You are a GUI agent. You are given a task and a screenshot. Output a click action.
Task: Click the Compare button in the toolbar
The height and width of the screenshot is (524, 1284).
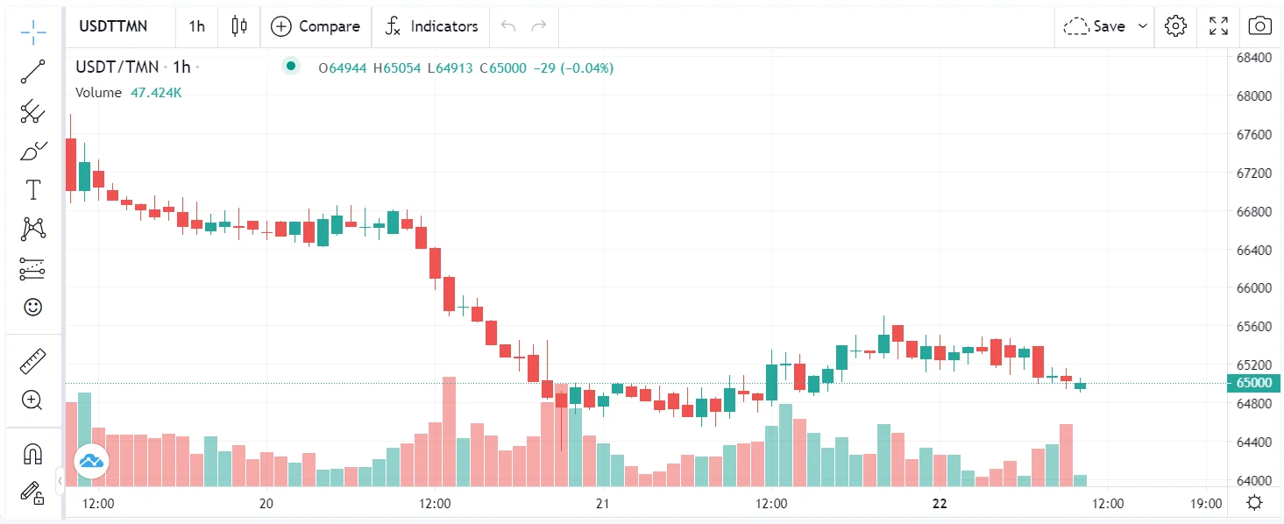[x=316, y=26]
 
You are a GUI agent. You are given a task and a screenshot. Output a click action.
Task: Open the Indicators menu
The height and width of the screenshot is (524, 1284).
[x=431, y=26]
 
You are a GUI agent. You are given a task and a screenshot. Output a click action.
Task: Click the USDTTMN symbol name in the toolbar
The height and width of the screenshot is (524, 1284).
[x=113, y=26]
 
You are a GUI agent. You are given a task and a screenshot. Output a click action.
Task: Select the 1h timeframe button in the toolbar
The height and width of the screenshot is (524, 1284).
[x=196, y=26]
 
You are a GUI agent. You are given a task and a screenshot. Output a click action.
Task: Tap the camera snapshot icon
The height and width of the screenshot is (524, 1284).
[x=1259, y=26]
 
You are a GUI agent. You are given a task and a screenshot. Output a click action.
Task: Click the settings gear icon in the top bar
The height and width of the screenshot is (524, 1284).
[x=1175, y=26]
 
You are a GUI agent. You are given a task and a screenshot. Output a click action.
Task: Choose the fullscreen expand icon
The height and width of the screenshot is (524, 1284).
[x=1218, y=26]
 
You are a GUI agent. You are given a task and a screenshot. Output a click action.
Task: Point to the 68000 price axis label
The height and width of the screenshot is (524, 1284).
[x=1253, y=96]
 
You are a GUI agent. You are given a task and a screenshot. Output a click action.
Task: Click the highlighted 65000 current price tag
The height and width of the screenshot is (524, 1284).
[x=1253, y=382]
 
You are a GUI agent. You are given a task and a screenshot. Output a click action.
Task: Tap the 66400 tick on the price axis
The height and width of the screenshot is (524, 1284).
[x=1253, y=250]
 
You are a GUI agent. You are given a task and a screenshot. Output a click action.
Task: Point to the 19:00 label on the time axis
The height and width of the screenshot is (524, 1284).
[x=1206, y=503]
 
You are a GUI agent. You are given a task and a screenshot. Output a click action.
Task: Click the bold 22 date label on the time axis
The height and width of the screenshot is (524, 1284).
[x=940, y=503]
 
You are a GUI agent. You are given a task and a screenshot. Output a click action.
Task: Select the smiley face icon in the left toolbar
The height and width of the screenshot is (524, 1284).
[x=32, y=308]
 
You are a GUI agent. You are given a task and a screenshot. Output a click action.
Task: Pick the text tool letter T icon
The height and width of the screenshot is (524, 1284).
[x=33, y=190]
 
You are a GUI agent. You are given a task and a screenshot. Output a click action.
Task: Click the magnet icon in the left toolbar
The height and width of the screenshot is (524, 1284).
[x=32, y=454]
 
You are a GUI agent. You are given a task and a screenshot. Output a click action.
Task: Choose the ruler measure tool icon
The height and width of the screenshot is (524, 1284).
[x=32, y=361]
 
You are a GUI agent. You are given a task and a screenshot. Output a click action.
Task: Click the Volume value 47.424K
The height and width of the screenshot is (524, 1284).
[x=156, y=93]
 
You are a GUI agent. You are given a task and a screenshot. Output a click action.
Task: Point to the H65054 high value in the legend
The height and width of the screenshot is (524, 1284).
[x=397, y=68]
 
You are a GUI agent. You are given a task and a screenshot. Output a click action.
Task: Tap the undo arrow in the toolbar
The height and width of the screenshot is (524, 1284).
[x=507, y=26]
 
